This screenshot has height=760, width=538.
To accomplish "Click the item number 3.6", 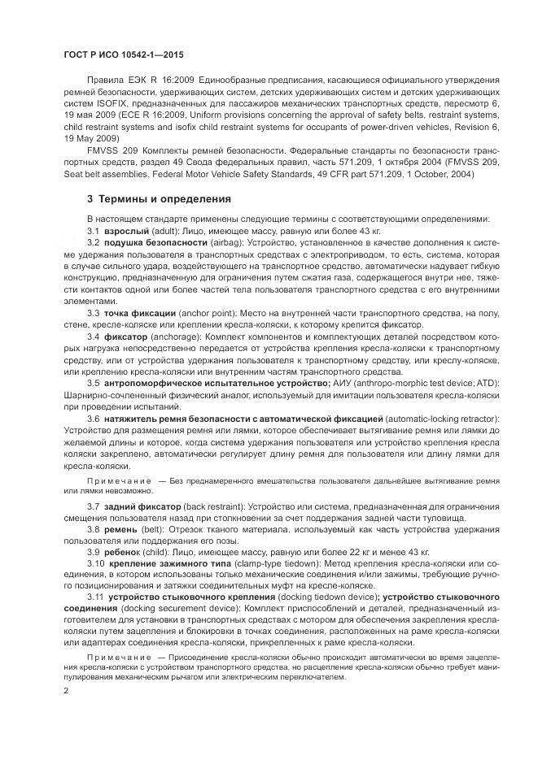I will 94,418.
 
